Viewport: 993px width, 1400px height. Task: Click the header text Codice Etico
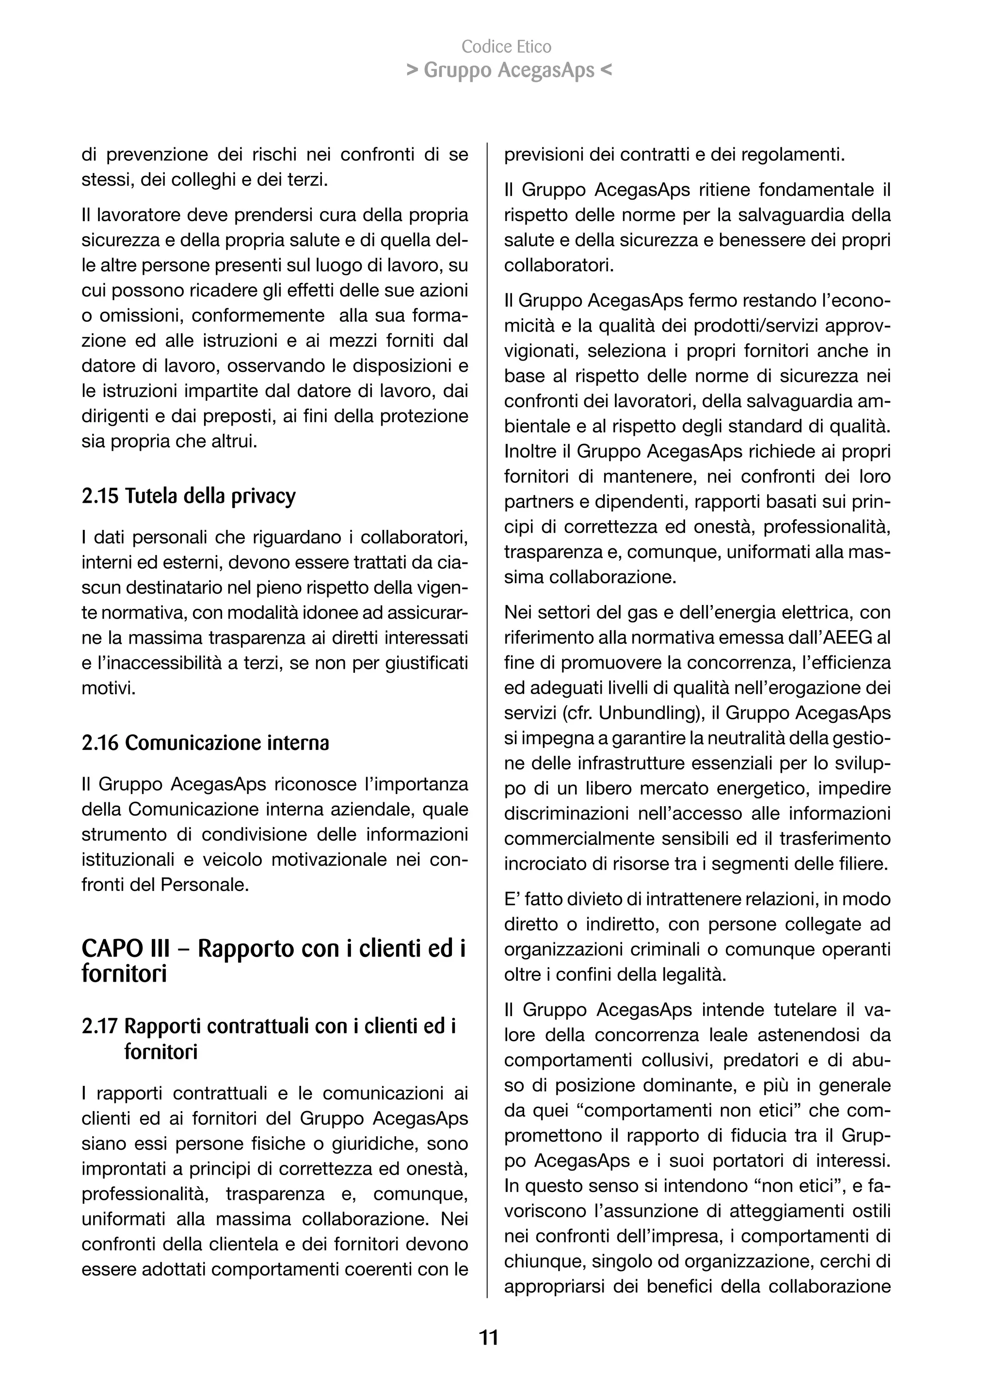[x=506, y=47]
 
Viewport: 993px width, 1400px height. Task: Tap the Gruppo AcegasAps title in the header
[x=509, y=71]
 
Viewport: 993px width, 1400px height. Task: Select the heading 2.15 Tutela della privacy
[x=188, y=496]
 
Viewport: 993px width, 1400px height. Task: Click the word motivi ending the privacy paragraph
[x=107, y=688]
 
